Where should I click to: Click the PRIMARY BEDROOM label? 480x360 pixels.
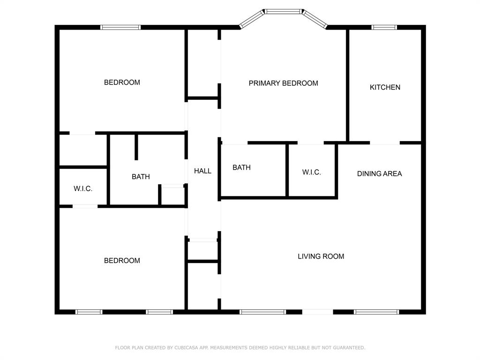click(x=283, y=83)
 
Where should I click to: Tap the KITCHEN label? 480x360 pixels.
click(x=385, y=87)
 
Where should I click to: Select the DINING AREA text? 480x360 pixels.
click(x=379, y=173)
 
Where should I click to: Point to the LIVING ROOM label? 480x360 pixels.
click(x=321, y=256)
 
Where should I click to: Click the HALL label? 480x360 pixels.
click(x=202, y=171)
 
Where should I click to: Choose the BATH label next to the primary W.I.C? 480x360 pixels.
click(x=241, y=167)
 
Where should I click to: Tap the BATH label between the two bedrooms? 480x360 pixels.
click(x=141, y=177)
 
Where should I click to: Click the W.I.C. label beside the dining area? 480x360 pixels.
click(x=311, y=172)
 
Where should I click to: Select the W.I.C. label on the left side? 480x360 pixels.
click(x=83, y=189)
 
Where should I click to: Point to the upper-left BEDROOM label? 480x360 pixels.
click(x=122, y=82)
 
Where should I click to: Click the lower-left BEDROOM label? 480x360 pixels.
click(x=122, y=261)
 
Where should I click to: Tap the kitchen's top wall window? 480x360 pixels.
click(x=384, y=27)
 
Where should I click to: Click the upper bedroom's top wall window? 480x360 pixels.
click(x=121, y=27)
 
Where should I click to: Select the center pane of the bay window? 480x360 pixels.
click(x=283, y=11)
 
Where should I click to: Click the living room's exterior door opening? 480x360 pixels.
click(x=317, y=312)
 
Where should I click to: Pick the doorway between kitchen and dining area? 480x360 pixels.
click(x=385, y=142)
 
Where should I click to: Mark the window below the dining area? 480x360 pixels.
click(x=376, y=312)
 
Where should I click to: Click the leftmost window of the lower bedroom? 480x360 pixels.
click(x=89, y=312)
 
